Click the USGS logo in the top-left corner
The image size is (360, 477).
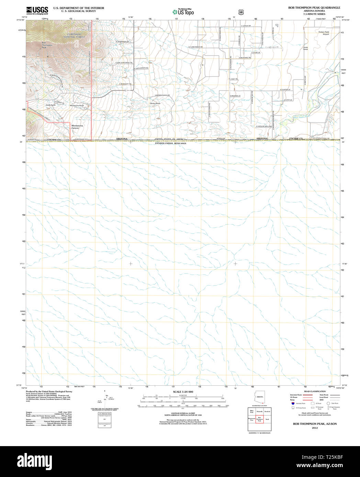(x=37, y=10)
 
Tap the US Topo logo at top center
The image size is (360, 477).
(x=183, y=12)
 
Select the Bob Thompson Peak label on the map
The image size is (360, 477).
(x=47, y=45)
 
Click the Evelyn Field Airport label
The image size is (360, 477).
(x=324, y=33)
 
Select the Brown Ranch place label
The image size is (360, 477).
(x=155, y=103)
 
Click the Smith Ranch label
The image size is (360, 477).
(x=305, y=48)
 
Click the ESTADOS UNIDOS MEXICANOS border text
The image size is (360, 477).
(x=170, y=143)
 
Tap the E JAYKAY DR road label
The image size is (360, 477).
(x=246, y=26)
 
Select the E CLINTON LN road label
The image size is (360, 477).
(x=285, y=90)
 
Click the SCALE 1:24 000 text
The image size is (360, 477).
(x=183, y=392)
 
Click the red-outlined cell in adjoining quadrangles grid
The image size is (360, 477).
(x=260, y=419)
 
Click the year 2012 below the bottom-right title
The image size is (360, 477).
(x=315, y=428)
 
